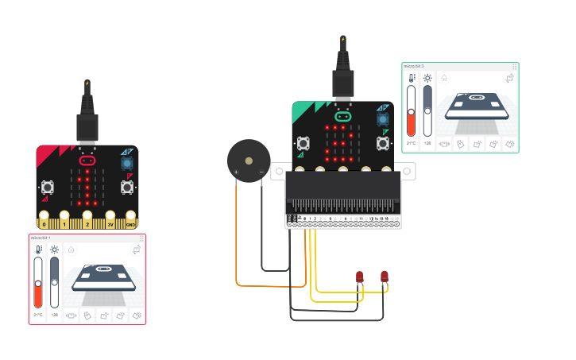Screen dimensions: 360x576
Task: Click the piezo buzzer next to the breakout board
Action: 249,161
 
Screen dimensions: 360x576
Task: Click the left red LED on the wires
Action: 359,277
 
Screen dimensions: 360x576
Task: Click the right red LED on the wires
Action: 385,277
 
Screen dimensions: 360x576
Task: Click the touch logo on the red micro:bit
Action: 87,161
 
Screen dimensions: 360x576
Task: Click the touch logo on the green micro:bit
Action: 342,115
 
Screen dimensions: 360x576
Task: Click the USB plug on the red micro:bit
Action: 87,127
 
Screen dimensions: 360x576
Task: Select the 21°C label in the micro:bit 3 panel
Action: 412,143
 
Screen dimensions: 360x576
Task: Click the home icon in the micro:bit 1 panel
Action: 71,250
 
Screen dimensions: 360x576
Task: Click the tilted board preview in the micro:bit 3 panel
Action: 477,106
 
